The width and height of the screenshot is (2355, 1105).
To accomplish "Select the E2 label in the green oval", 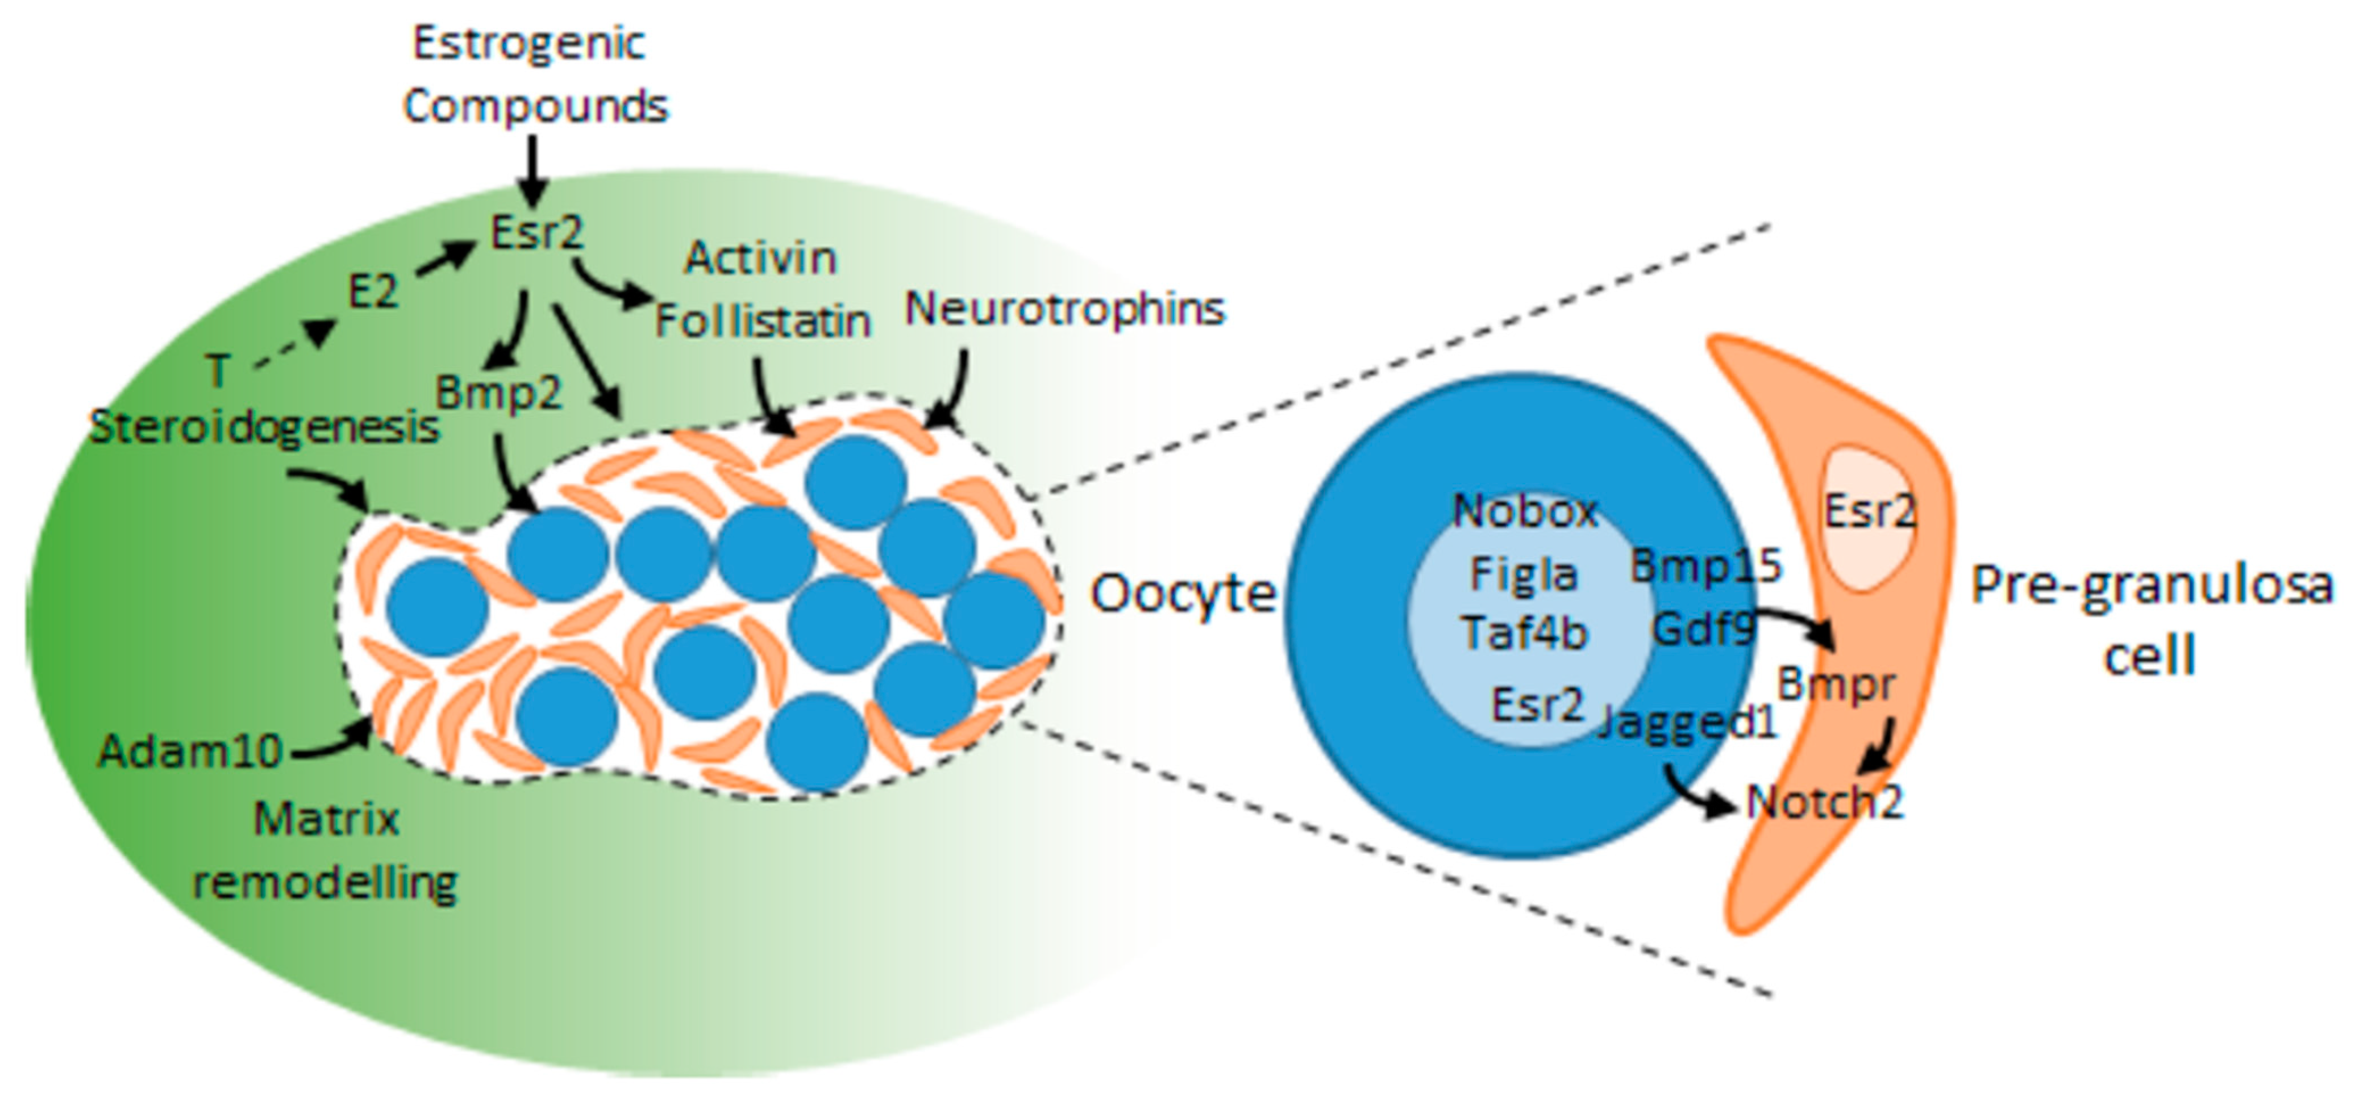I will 373,293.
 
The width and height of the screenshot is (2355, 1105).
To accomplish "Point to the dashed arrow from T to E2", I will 293,347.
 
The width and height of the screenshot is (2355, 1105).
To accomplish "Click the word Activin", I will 760,258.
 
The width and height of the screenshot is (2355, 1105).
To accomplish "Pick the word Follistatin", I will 763,322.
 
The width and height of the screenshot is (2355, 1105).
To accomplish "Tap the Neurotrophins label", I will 1064,309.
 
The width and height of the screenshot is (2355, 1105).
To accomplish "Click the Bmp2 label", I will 498,393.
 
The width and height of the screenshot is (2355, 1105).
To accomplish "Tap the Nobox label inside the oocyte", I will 1525,511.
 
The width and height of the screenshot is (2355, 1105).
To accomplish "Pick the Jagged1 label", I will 1688,722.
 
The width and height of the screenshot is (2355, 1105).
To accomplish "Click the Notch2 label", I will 1824,802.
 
